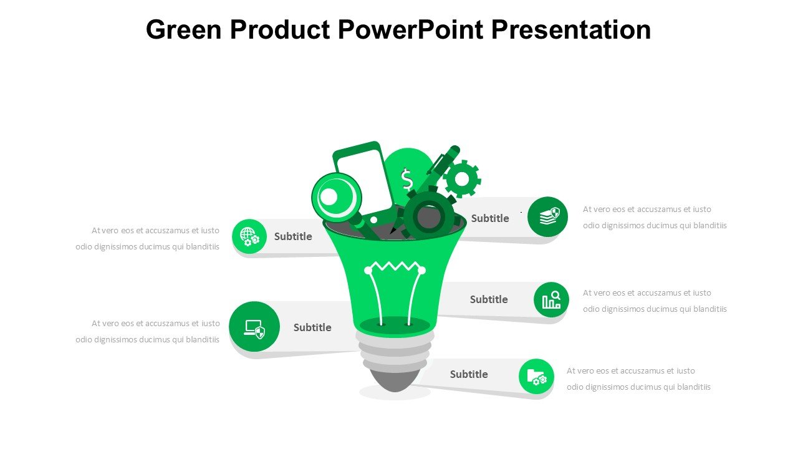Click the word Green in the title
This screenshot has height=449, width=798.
[184, 29]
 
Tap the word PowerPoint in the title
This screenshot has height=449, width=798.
[410, 29]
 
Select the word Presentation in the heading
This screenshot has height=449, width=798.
[571, 29]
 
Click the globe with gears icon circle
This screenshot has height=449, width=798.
[249, 236]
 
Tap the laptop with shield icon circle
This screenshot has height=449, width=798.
[254, 326]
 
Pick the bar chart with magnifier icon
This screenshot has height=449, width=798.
[551, 300]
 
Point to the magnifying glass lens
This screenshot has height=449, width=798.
[336, 197]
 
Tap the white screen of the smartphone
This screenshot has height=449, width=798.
[365, 181]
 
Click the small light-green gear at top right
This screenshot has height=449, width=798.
[462, 178]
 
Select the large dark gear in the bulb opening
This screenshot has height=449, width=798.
[429, 216]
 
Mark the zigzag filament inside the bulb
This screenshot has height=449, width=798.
[395, 267]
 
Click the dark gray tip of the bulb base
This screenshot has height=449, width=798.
[395, 380]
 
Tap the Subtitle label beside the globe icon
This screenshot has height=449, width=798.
[293, 236]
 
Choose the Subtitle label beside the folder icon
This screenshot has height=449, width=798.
[469, 374]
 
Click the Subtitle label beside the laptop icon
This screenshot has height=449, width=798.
[312, 327]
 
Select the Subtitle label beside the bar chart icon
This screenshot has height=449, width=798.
[489, 299]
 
